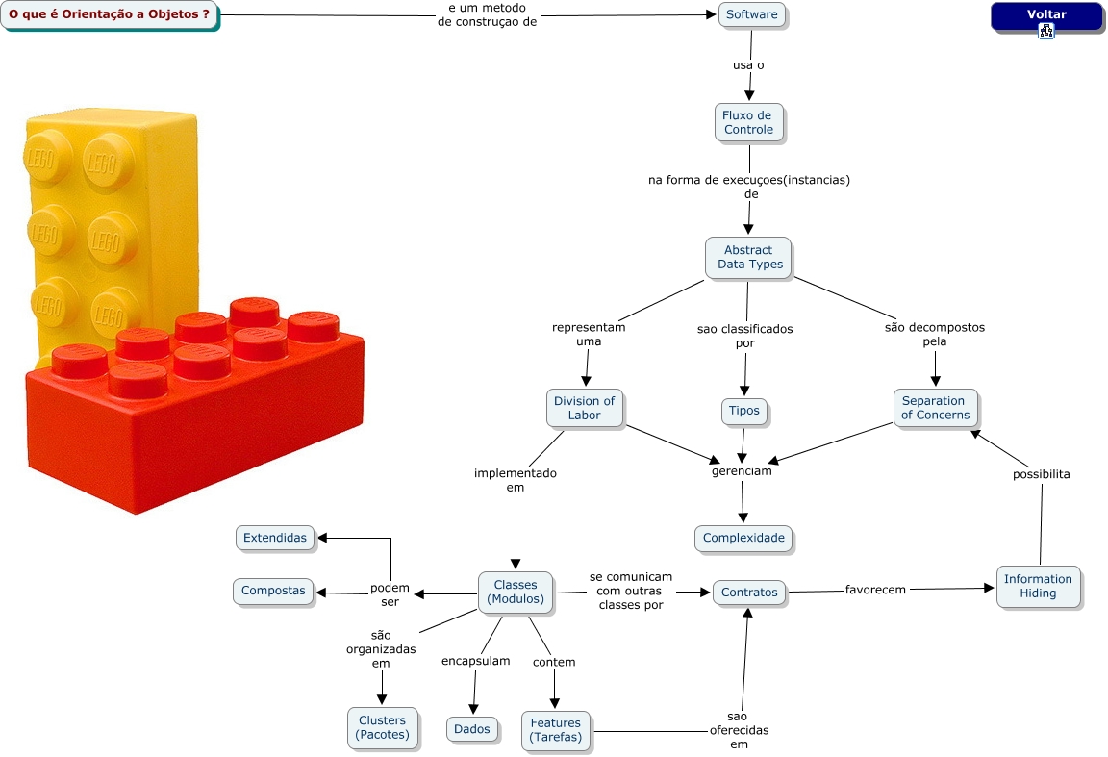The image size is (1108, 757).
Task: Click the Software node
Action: click(x=751, y=15)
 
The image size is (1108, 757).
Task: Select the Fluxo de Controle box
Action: click(x=748, y=122)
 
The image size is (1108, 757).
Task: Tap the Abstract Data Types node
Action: click(x=749, y=258)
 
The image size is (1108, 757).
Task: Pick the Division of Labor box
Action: click(x=585, y=408)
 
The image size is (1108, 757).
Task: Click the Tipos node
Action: click(x=744, y=411)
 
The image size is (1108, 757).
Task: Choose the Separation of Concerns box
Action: click(x=933, y=408)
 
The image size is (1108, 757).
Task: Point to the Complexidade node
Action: click(x=743, y=538)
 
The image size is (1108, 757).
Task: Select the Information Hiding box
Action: click(x=1038, y=586)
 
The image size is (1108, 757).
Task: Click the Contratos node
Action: click(x=749, y=593)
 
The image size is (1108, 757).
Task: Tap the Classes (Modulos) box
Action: click(x=516, y=593)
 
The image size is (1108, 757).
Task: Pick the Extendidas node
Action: click(x=275, y=538)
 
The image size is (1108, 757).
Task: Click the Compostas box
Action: click(x=273, y=591)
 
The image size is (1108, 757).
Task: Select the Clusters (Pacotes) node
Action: click(x=382, y=727)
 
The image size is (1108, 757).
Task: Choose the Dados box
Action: click(x=472, y=729)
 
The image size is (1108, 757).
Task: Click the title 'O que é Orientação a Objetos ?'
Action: click(x=110, y=15)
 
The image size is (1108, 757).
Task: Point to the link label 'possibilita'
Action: click(x=1041, y=474)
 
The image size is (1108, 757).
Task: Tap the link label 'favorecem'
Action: click(x=875, y=590)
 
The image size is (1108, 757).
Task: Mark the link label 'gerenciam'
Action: click(x=742, y=471)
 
